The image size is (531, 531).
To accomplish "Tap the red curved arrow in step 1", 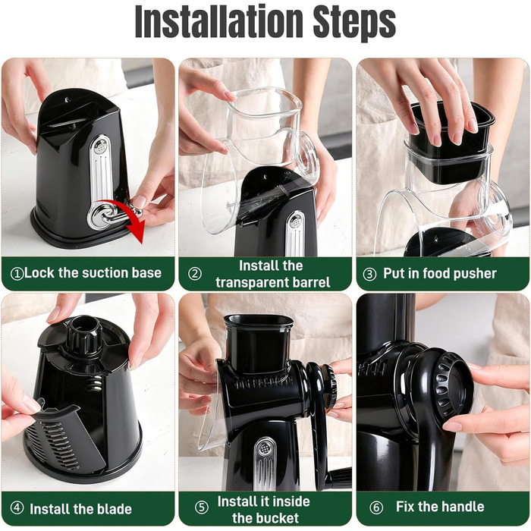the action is click(128, 217).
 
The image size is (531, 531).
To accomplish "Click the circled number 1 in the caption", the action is click(17, 274).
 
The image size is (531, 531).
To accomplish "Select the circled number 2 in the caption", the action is click(195, 274).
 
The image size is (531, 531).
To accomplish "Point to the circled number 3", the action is click(370, 274).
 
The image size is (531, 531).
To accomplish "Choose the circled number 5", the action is click(202, 507).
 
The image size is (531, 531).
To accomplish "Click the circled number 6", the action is click(376, 507).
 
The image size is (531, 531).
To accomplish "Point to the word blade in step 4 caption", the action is click(115, 509).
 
